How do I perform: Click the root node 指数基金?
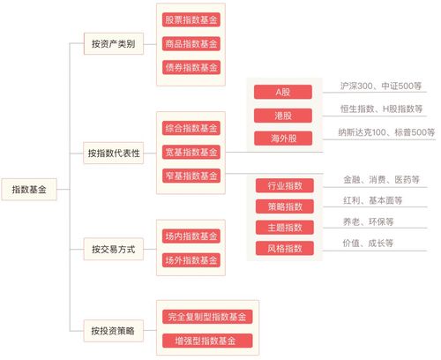point(29,190)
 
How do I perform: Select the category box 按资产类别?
point(114,44)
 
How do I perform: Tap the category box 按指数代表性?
point(114,153)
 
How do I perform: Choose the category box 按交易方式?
point(114,249)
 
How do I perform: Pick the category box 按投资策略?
point(114,331)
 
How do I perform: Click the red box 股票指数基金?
point(191,19)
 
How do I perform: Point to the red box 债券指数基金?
point(191,67)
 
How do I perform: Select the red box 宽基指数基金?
point(191,152)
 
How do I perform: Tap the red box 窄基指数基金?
point(191,176)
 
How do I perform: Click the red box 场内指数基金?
point(191,236)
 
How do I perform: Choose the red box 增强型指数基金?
point(207,341)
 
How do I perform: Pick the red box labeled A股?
point(283,92)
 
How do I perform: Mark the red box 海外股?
point(283,139)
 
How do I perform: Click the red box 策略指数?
point(285,206)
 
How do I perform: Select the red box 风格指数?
point(285,249)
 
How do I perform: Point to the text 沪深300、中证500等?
point(381,86)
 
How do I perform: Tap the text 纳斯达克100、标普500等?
point(386,132)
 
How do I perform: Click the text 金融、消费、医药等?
point(381,179)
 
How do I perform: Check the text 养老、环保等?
point(368,221)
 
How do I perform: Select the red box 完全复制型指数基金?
point(207,317)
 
